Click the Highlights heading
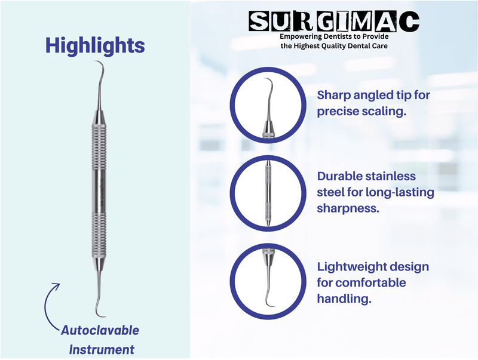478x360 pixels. coord(96,45)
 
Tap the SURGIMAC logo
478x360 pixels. coord(334,22)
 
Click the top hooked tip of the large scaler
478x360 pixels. coord(98,64)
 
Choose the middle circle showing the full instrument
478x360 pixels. coord(266,192)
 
